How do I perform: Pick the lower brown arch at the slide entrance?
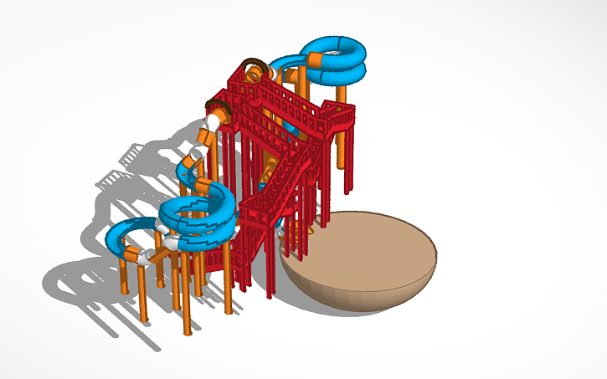coord(219,107)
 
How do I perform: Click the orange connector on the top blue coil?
coord(316,59)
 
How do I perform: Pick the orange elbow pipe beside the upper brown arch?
coord(273,74)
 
